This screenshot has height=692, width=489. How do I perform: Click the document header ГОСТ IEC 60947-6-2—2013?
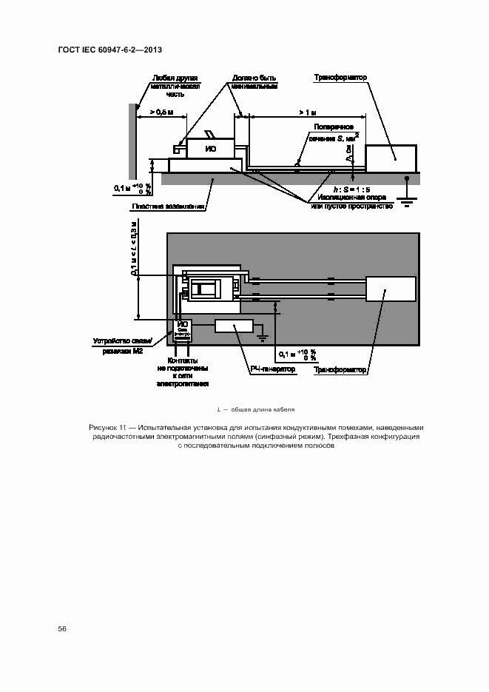tap(109, 50)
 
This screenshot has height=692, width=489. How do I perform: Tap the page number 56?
tap(62, 628)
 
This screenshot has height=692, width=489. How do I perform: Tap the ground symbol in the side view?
tap(405, 195)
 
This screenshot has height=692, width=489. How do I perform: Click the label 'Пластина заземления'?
tap(168, 206)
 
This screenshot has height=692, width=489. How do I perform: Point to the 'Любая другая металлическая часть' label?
tap(175, 86)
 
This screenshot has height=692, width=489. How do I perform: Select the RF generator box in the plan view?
tap(234, 326)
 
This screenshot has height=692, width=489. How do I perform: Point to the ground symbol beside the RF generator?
tap(261, 337)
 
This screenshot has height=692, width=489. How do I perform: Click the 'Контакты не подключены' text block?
tap(182, 372)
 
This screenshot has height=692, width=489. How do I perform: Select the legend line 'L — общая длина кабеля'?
tap(256, 409)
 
